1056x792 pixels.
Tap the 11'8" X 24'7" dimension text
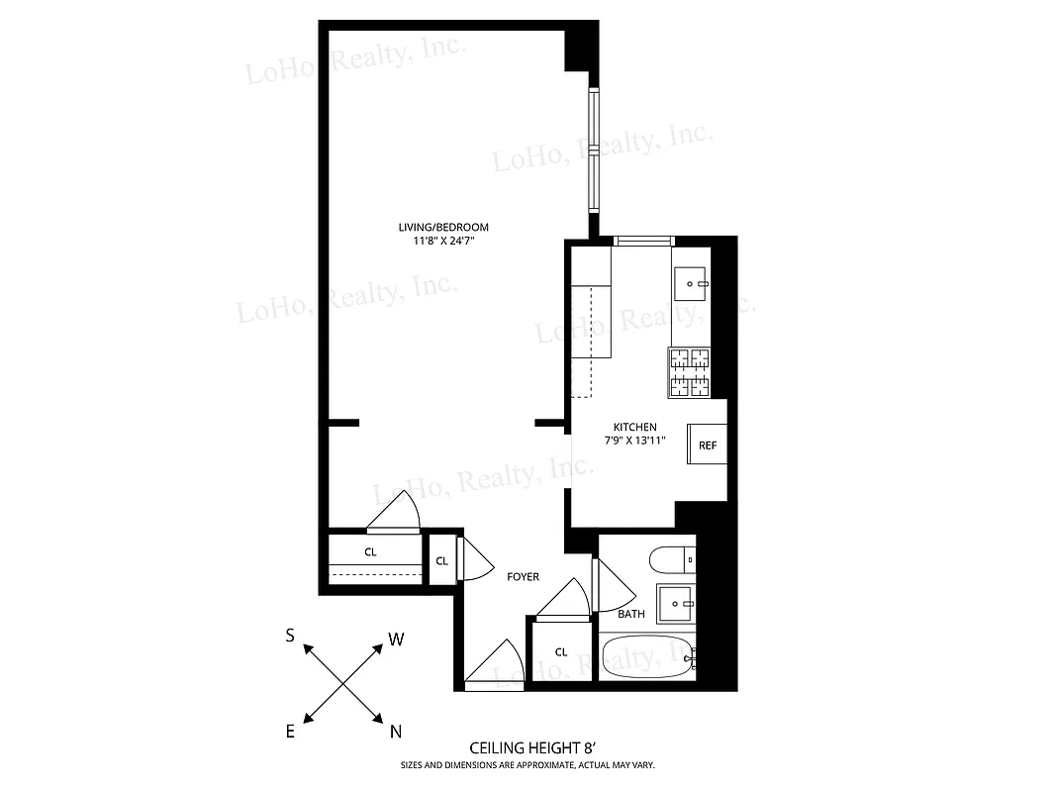pos(450,241)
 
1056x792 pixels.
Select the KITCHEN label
pos(634,427)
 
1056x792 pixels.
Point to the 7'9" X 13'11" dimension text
pos(634,441)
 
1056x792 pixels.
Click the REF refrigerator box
pos(708,445)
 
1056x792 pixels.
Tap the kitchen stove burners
pos(690,372)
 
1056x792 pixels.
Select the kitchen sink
pos(691,283)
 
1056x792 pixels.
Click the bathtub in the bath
pos(649,657)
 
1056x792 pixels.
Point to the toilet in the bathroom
pos(672,561)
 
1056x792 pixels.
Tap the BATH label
pos(631,614)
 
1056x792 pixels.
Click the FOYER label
pos(524,577)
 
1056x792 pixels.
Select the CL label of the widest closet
pos(370,552)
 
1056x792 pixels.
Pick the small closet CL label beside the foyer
pos(441,561)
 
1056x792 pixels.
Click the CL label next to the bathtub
pos(561,651)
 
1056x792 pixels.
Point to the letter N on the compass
pos(396,733)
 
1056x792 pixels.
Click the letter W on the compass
pos(396,640)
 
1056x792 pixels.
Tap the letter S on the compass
pos(290,637)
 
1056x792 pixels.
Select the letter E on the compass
pos(291,732)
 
